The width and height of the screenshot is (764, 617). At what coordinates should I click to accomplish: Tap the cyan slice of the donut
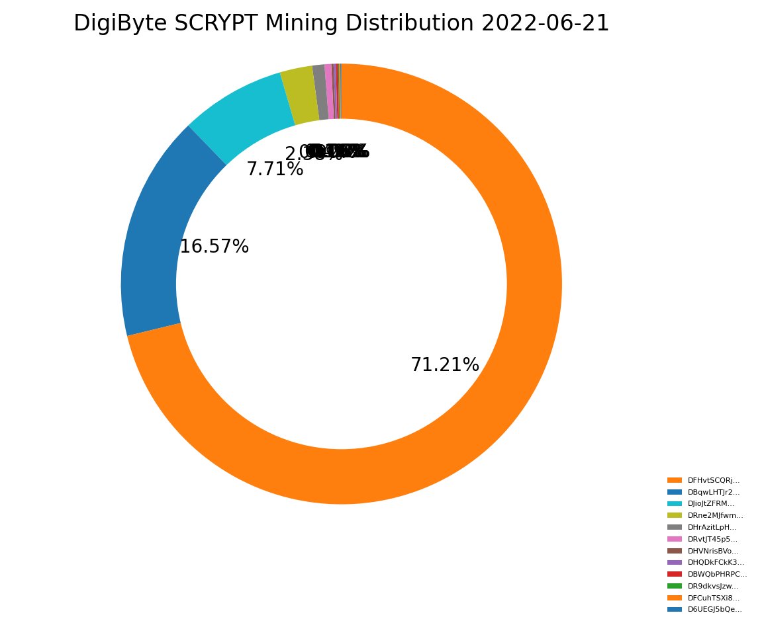238,112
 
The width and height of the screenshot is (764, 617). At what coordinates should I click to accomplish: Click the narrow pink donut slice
329,91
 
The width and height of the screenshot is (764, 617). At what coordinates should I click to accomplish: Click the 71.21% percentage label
445,365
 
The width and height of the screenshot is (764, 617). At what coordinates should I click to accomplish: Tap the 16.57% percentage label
214,247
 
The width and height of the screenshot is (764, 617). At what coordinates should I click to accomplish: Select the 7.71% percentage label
275,169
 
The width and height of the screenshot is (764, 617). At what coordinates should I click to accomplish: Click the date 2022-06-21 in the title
545,23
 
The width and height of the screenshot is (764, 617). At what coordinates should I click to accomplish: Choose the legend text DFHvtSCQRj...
714,480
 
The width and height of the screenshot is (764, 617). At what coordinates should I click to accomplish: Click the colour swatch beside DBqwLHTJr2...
675,492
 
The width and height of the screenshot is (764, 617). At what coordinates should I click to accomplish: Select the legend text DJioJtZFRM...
712,504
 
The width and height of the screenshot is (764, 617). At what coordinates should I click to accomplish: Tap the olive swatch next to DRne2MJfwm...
675,515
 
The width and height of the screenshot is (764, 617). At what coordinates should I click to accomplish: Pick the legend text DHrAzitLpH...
712,527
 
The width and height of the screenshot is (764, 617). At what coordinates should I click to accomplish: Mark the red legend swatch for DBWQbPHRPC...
675,574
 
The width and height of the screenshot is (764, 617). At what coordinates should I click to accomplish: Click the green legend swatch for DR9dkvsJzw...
675,586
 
